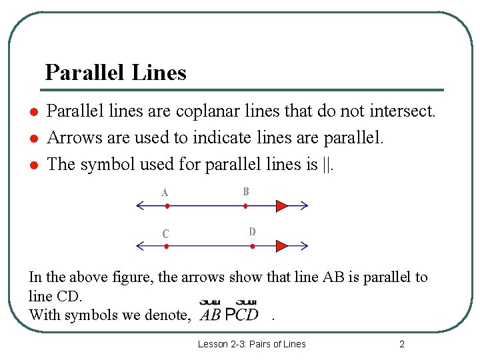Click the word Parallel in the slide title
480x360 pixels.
[85, 72]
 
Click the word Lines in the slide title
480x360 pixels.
[159, 72]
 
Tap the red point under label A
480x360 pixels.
[166, 206]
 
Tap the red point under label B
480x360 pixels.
[245, 206]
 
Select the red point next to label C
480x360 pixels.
[166, 246]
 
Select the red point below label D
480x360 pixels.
[253, 246]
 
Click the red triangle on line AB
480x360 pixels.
[281, 206]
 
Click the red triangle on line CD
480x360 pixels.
[281, 246]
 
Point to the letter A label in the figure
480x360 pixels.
[165, 193]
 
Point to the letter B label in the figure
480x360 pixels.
[246, 191]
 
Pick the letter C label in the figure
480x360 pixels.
[165, 234]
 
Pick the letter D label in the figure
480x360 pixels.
[252, 232]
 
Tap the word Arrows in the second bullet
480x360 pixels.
[74, 137]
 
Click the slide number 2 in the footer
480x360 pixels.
[401, 344]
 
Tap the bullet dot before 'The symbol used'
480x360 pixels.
[32, 165]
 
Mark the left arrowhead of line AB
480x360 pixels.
[139, 206]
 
